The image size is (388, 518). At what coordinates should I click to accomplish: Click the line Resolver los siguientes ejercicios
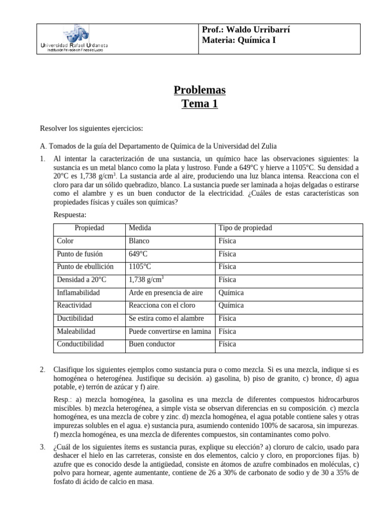(x=91, y=128)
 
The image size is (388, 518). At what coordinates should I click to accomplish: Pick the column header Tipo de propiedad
(x=245, y=228)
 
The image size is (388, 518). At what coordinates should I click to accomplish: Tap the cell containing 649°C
(x=139, y=254)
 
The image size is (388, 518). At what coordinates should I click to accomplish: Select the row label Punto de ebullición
(x=85, y=267)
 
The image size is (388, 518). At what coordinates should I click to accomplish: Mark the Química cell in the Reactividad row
(x=231, y=306)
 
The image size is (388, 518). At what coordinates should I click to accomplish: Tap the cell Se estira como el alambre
(x=166, y=319)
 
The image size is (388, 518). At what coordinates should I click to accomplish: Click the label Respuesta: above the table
(x=70, y=215)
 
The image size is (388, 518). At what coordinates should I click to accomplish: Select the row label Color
(x=66, y=241)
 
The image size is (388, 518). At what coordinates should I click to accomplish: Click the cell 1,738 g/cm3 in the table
(x=148, y=280)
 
